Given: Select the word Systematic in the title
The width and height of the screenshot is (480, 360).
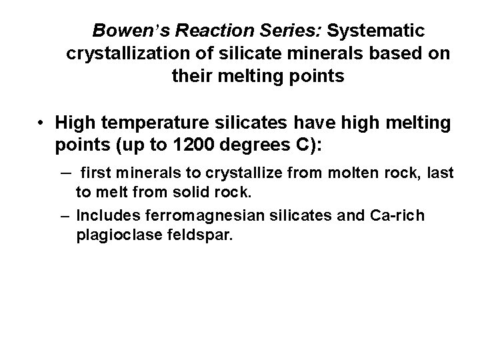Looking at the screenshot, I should (379, 31).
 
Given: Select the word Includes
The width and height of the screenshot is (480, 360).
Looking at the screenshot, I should (106, 216).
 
